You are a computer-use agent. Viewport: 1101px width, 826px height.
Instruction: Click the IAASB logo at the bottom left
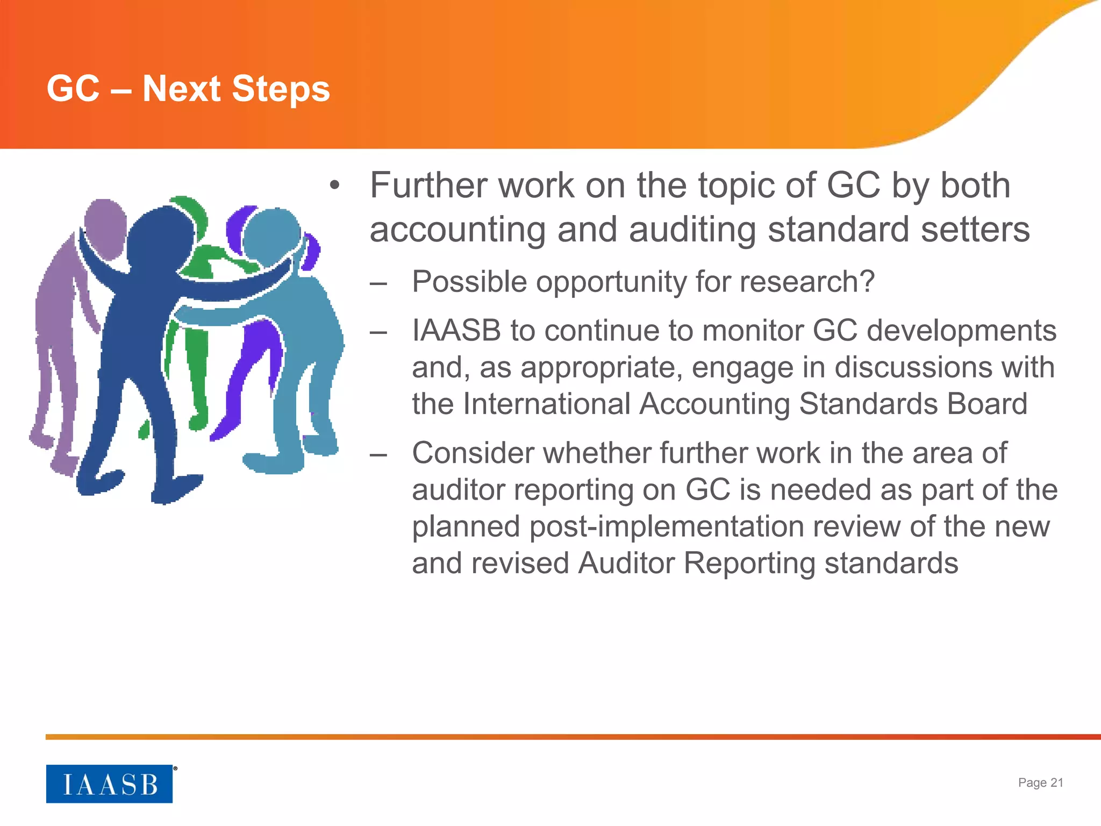pos(109,784)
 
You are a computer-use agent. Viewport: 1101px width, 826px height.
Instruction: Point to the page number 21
pos(1056,782)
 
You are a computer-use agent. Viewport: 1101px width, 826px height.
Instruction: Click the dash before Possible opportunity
pos(378,282)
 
